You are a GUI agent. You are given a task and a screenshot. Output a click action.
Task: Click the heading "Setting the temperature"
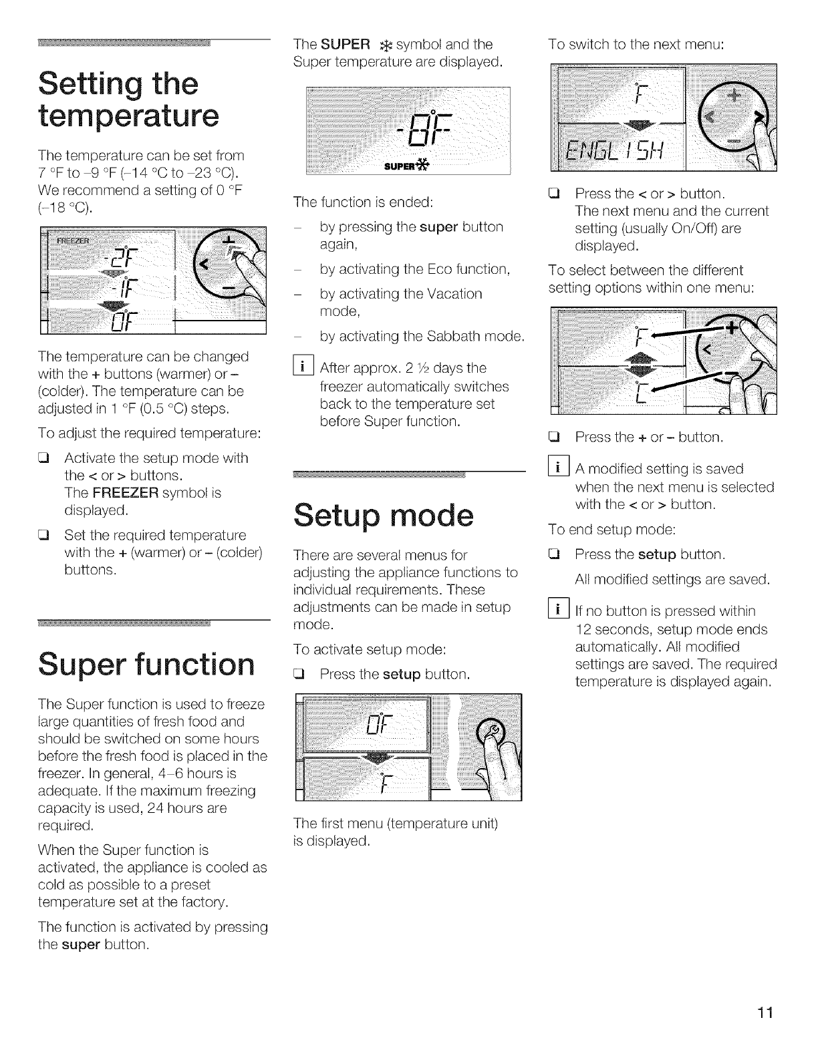tap(128, 100)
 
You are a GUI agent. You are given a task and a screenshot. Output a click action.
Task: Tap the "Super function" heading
tap(146, 663)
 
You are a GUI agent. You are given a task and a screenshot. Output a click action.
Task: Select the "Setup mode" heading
tap(383, 515)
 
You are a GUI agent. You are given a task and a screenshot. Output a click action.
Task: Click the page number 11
tap(765, 1013)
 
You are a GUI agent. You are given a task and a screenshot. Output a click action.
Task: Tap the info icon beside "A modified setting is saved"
tap(555, 469)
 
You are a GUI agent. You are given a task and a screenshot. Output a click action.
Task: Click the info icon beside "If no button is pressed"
tap(555, 610)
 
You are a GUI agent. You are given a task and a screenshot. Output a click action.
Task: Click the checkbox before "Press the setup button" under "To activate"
tap(300, 674)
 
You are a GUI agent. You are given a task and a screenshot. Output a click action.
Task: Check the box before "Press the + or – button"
tap(554, 437)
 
